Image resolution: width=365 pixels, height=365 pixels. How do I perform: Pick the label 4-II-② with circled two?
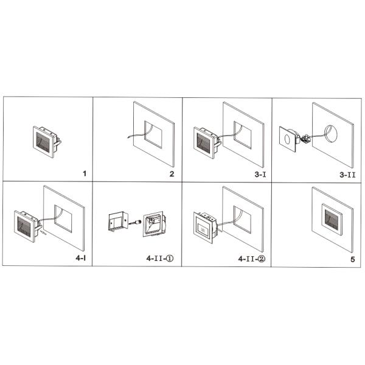click(x=252, y=258)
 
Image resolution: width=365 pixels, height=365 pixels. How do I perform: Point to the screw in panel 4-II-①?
click(x=136, y=223)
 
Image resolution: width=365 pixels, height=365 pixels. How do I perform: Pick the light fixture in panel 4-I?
click(x=26, y=223)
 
